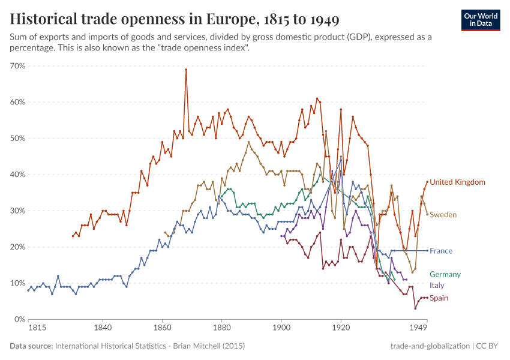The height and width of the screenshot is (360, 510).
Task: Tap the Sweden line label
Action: click(443, 215)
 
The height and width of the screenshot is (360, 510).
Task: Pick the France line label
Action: click(441, 251)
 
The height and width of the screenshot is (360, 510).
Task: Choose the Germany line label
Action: click(445, 274)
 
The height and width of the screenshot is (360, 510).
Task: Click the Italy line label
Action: click(437, 286)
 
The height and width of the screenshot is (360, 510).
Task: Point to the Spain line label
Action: click(439, 298)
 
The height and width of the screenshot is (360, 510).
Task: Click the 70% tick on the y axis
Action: click(17, 66)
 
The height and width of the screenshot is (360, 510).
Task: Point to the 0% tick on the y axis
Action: click(19, 319)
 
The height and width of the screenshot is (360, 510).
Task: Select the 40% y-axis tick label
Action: click(17, 175)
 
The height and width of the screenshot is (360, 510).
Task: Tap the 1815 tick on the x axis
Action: click(28, 329)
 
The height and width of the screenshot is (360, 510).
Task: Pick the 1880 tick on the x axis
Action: click(221, 329)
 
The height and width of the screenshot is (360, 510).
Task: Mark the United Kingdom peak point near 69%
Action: click(186, 70)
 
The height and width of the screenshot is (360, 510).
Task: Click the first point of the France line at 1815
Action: click(28, 290)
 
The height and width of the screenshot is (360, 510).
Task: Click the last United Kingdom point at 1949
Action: click(427, 182)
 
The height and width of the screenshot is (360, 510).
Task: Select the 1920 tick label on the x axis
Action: click(340, 329)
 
